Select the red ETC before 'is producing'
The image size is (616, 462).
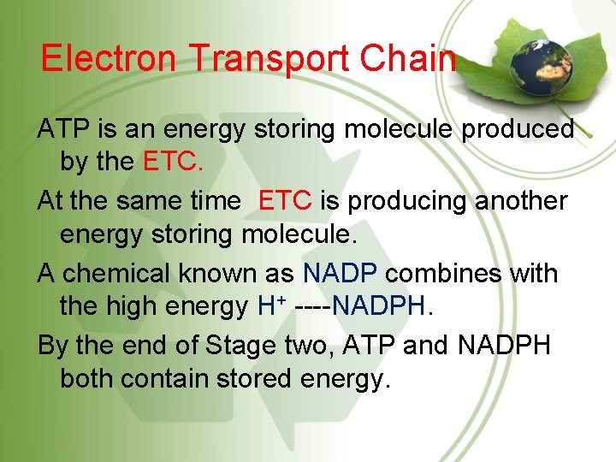[x=285, y=202]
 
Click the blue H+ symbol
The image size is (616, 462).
[x=269, y=305]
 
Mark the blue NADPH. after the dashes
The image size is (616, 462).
[x=385, y=305]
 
